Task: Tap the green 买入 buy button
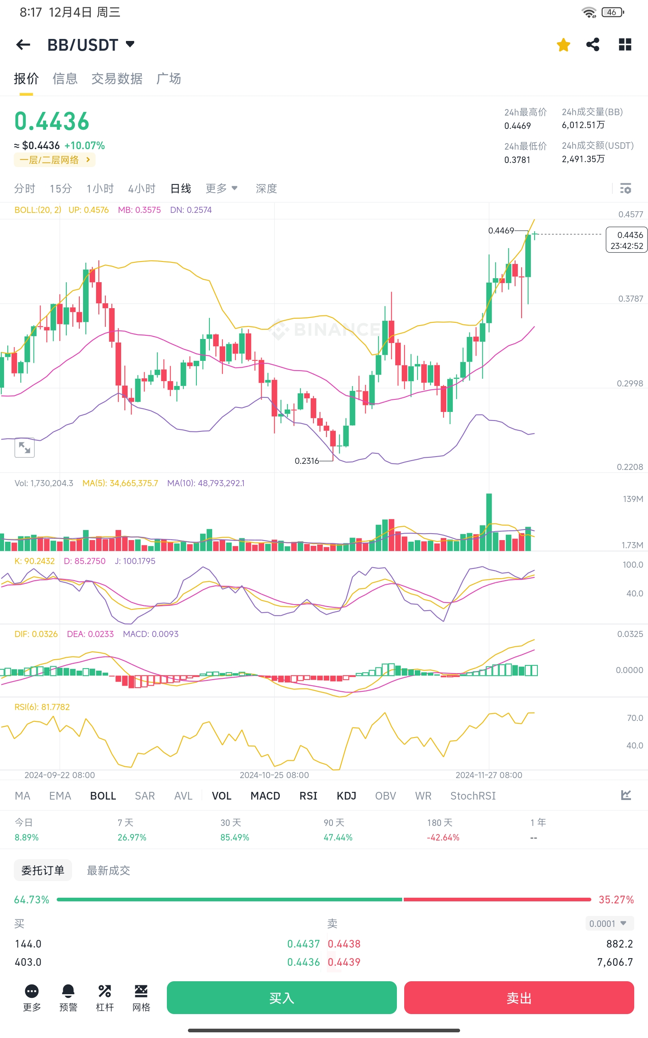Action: coord(281,997)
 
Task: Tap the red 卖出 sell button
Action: coord(518,997)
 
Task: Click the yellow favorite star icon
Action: coord(563,45)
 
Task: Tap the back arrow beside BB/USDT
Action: coord(23,45)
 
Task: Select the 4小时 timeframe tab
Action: coord(141,189)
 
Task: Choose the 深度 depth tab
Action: coord(266,189)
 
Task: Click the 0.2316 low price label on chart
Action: coord(307,461)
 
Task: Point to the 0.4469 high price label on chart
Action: coord(501,231)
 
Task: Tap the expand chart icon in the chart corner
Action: coord(24,448)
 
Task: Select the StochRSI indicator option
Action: coord(473,796)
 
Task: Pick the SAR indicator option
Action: coord(145,796)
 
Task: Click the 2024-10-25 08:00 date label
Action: coord(274,775)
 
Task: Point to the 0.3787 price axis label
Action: coord(630,298)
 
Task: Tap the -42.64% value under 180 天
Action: coord(443,837)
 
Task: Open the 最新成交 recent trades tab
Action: coord(109,870)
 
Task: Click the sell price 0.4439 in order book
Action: coord(344,962)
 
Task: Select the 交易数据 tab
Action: coord(117,79)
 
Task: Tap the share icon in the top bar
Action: coord(593,45)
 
